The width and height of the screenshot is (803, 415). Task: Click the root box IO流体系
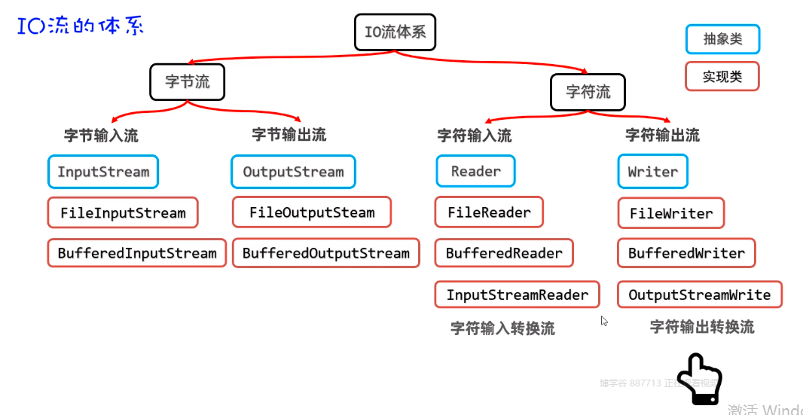395,32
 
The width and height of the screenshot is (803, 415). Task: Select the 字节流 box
188,81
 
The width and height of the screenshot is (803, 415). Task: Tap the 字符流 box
588,93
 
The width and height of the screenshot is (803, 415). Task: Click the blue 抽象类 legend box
722,39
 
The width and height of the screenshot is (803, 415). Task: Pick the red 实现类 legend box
722,77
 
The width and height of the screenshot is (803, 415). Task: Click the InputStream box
103,172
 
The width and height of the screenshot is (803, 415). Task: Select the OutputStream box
293,172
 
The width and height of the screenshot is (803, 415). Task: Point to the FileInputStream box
123,213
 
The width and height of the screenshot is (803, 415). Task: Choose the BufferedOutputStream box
325,254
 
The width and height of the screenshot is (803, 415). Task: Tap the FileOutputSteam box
312,212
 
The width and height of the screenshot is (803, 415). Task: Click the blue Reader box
475,171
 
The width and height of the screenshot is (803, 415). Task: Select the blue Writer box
652,171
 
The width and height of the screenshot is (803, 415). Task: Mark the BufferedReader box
504,253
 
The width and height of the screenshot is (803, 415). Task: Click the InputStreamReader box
517,294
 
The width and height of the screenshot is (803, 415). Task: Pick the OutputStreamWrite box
699,294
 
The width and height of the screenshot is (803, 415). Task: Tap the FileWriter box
670,213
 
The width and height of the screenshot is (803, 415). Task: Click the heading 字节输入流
101,136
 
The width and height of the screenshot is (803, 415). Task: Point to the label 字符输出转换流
701,327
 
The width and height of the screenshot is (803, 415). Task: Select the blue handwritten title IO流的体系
80,26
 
